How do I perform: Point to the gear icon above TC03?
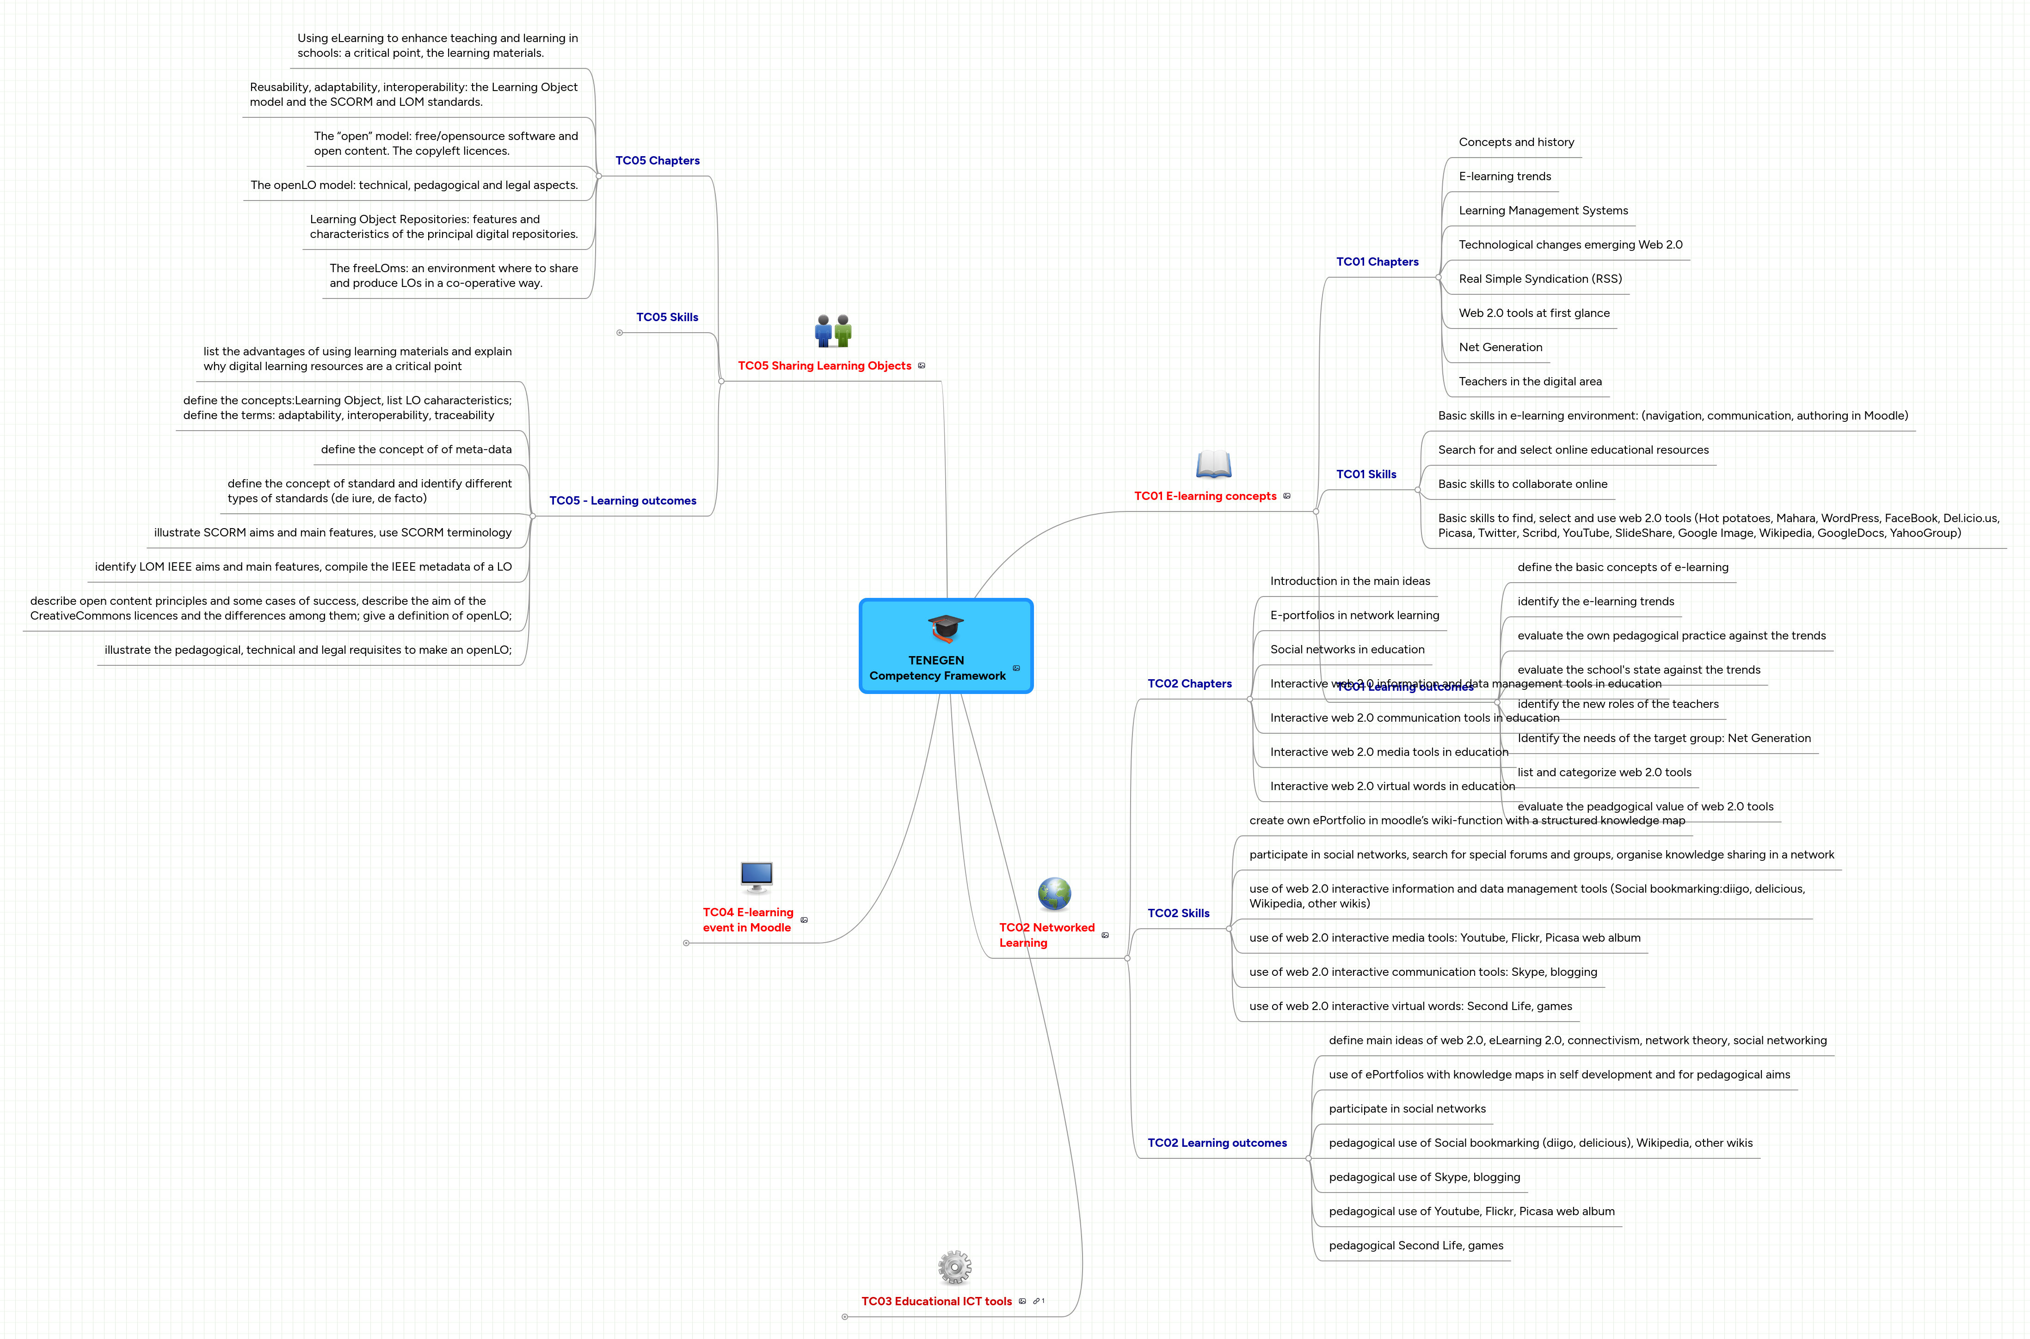tap(954, 1267)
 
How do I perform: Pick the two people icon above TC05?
tap(833, 330)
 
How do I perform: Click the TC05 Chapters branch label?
tap(657, 160)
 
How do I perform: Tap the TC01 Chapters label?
tap(1377, 262)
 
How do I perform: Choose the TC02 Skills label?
tap(1178, 913)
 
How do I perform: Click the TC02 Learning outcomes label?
tap(1217, 1143)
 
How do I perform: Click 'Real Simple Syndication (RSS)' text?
tap(1539, 279)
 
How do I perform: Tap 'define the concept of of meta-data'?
tap(416, 449)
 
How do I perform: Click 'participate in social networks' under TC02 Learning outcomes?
tap(1406, 1108)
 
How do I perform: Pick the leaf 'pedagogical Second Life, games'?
tap(1416, 1245)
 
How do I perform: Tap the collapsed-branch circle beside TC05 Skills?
tap(620, 333)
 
